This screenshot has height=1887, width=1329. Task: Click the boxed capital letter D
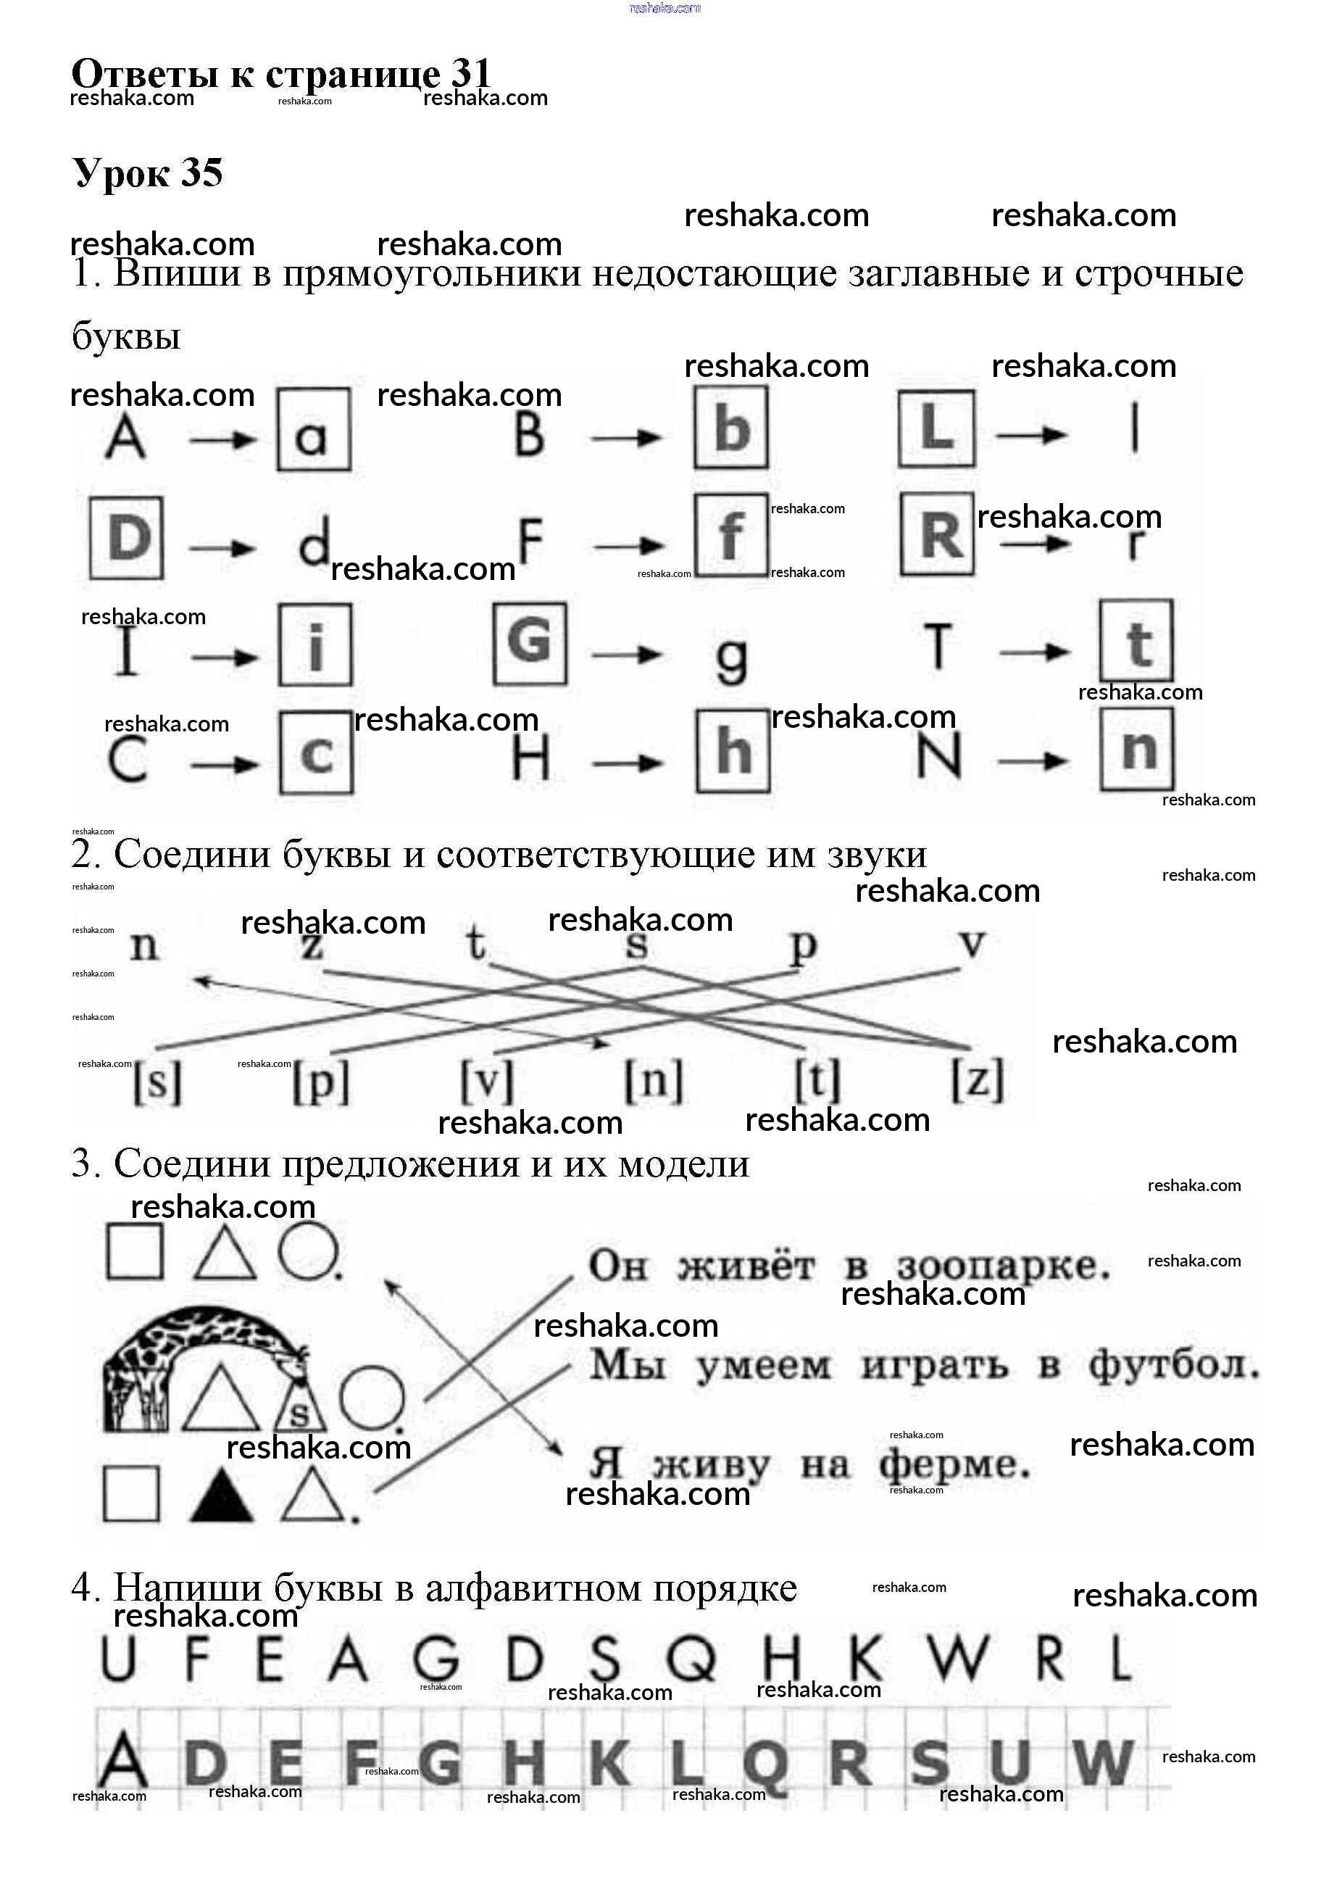127,539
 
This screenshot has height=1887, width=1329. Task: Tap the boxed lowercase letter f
731,536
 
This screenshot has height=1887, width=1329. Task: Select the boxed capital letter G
530,644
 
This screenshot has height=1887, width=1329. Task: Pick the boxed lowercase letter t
1137,642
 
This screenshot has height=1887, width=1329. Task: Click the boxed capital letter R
937,534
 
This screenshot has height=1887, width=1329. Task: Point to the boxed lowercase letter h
733,751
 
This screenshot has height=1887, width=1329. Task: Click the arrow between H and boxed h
627,763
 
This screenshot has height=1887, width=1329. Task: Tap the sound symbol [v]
486,1082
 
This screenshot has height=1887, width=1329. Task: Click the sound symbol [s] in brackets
157,1082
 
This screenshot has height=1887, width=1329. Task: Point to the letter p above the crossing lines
802,946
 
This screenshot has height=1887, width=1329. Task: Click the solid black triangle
221,1495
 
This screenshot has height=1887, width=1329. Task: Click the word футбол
1174,1366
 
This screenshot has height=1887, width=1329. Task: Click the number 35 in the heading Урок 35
201,173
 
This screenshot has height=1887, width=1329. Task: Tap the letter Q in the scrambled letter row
691,1659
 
